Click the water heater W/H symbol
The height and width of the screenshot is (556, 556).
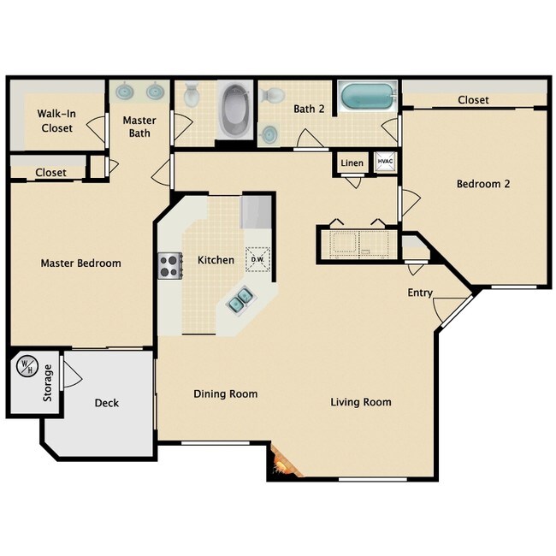pos(27,365)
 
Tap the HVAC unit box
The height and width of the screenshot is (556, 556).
pos(385,162)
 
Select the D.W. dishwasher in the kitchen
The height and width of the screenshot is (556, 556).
pos(257,259)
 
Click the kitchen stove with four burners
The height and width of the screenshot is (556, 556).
pos(170,265)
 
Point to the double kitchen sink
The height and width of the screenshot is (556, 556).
pos(240,299)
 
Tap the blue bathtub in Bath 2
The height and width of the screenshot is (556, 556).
pos(368,96)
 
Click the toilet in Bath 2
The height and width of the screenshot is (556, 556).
pos(272,95)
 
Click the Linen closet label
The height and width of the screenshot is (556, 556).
pos(352,163)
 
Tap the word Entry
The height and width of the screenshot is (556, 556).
pos(420,293)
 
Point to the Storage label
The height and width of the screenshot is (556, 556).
pos(48,383)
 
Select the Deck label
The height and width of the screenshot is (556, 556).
pos(107,403)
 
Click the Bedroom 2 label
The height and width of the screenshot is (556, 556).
pos(483,184)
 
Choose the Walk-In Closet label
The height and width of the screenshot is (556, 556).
pos(56,121)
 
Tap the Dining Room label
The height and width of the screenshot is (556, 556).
pos(226,393)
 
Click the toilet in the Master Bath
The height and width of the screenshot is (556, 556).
pos(192,94)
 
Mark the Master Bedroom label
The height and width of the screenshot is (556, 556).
pos(81,263)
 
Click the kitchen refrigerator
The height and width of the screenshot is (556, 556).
pos(256,211)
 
